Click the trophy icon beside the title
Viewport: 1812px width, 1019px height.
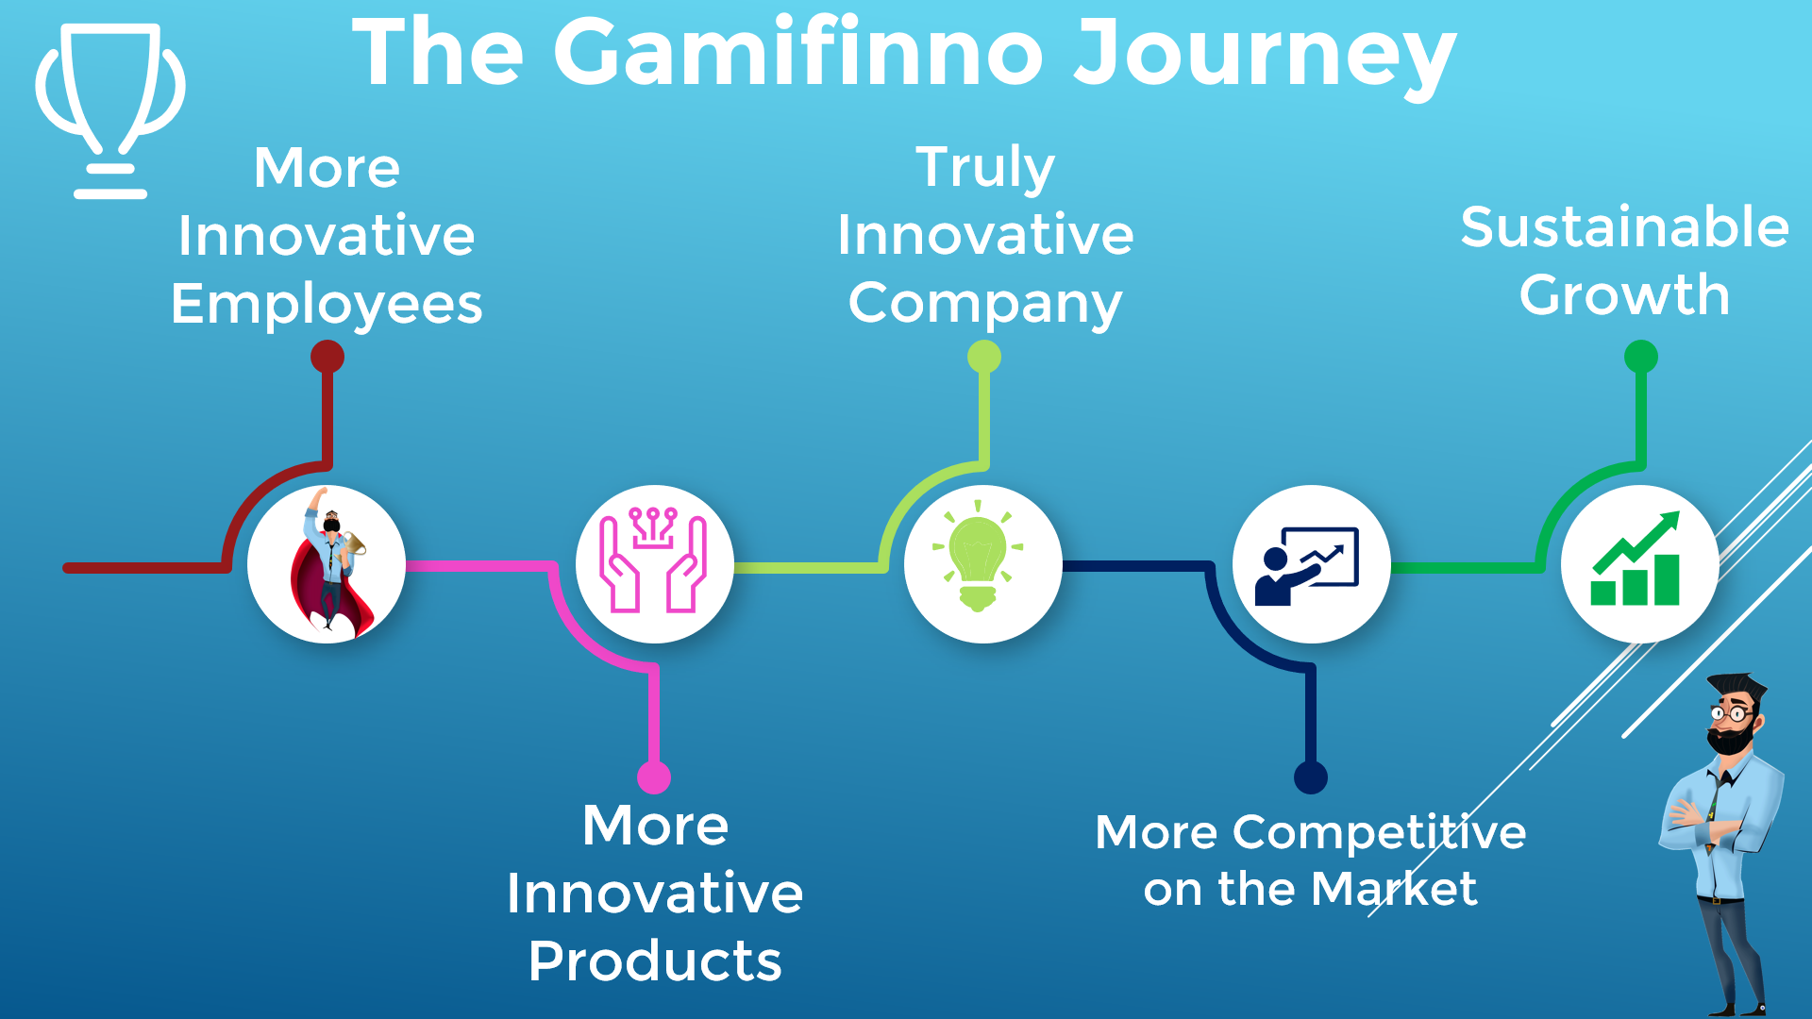point(110,111)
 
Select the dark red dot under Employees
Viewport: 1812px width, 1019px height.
point(327,357)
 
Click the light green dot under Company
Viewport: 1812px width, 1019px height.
point(984,357)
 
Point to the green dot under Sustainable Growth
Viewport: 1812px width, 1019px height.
point(1641,357)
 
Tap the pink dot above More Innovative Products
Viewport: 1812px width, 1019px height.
point(654,777)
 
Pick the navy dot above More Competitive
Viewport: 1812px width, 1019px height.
point(1311,777)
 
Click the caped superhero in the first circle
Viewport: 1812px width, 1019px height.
point(329,563)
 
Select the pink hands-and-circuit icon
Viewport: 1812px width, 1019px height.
point(654,560)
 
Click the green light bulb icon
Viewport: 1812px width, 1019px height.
point(978,556)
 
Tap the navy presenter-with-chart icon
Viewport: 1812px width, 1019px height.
point(1307,565)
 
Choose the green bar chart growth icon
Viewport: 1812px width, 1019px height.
point(1636,559)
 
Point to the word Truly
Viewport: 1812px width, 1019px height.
point(985,168)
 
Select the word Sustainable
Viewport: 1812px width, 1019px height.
point(1625,227)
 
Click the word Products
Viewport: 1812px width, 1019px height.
point(655,961)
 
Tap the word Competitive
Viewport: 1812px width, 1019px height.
point(1380,833)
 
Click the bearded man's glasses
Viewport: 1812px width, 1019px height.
point(1732,714)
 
